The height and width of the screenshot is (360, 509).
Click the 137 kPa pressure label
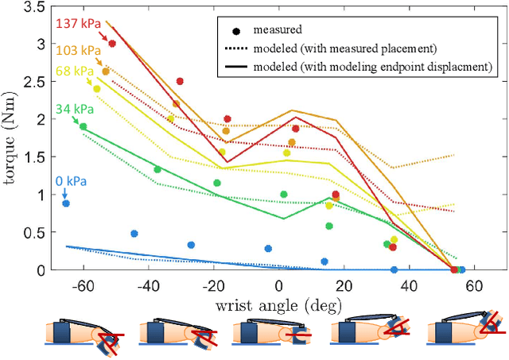click(76, 24)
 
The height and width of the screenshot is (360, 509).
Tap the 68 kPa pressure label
click(72, 72)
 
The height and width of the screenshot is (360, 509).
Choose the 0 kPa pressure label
click(66, 180)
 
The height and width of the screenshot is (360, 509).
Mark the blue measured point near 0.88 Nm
click(66, 203)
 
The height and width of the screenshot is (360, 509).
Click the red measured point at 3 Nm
click(112, 44)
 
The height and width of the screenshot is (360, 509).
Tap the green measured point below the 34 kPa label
click(84, 126)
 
